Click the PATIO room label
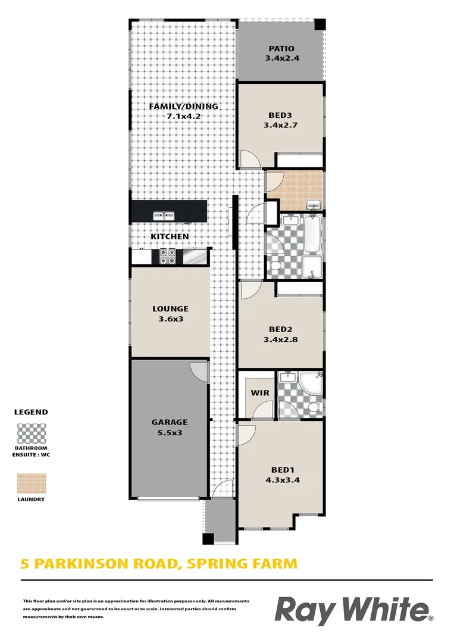pos(281,49)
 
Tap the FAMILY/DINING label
pos(183,107)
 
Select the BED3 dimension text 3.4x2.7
pos(280,126)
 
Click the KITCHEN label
pos(170,236)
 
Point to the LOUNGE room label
pos(170,308)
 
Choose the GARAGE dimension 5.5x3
pos(170,433)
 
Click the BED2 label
pos(281,329)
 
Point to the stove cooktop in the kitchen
pos(167,257)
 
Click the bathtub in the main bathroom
pos(313,233)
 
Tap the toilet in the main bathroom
pos(276,266)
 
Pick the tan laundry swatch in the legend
pos(30,483)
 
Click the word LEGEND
pos(30,412)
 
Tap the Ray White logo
pos(353,611)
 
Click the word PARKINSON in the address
pos(90,563)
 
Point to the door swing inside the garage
pos(199,372)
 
